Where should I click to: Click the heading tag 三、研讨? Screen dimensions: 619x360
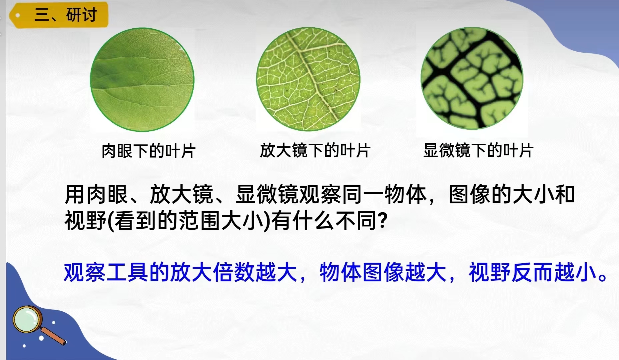(59, 15)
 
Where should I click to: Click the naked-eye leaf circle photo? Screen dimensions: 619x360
(142, 80)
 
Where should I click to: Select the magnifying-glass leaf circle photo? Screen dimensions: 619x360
(308, 79)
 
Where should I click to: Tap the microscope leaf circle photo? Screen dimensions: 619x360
(472, 78)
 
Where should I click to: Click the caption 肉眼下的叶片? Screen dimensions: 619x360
(148, 151)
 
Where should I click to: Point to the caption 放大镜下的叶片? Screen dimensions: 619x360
(315, 150)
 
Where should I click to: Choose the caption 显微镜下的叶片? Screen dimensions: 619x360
(478, 150)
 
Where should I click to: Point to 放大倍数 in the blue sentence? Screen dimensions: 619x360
(212, 273)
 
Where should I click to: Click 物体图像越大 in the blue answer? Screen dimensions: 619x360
(383, 273)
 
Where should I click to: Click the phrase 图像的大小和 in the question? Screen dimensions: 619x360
(512, 195)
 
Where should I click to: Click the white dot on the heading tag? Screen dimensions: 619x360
(18, 15)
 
